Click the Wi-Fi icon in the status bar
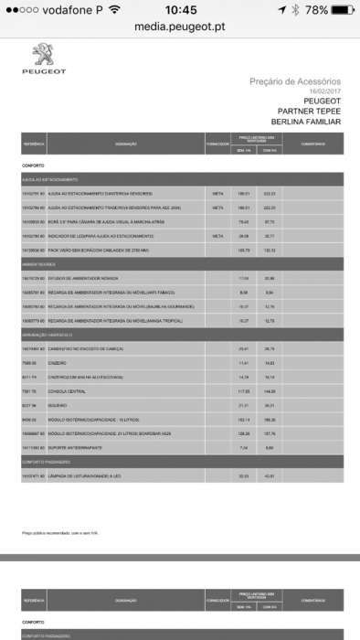tap(114, 9)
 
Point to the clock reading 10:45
tap(181, 9)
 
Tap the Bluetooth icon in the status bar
tap(294, 9)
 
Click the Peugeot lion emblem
tap(44, 54)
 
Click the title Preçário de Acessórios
tap(295, 81)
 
